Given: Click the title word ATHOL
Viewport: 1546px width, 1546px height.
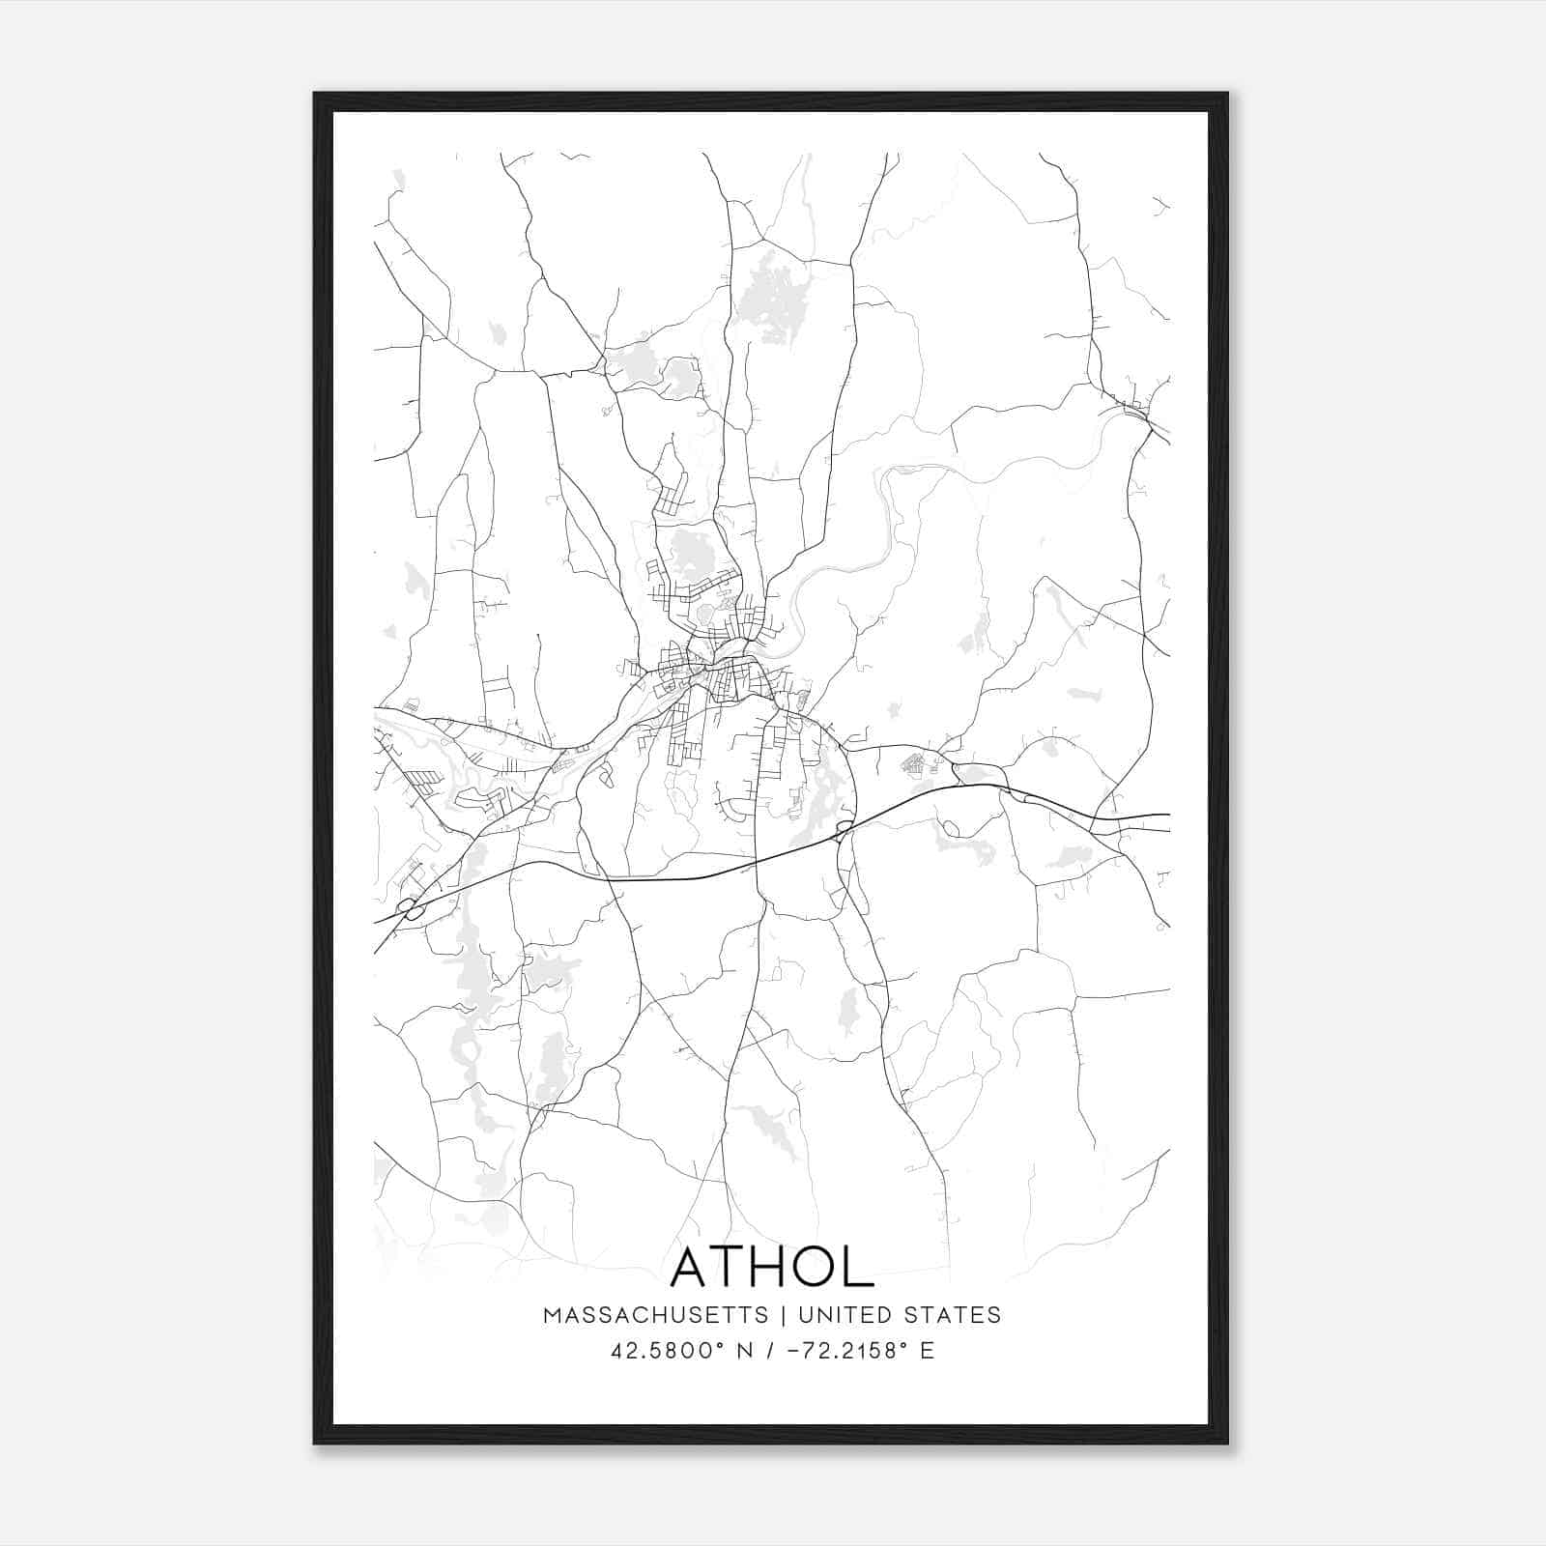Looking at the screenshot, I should pyautogui.click(x=771, y=1267).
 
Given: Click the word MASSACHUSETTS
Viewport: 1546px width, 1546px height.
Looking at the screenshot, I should pyautogui.click(x=656, y=1315).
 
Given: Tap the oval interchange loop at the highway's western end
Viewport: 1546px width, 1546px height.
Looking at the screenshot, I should pyautogui.click(x=412, y=907).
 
